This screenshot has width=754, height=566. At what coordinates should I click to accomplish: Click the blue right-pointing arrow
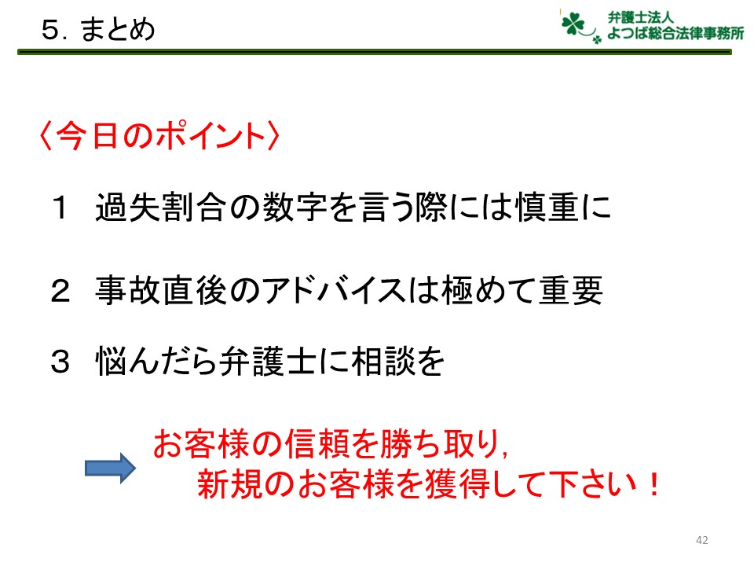pyautogui.click(x=110, y=468)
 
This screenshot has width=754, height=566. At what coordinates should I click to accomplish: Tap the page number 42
pyautogui.click(x=701, y=540)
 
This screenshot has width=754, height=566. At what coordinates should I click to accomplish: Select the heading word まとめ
pyautogui.click(x=117, y=29)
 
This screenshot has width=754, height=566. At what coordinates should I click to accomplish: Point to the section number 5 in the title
pyautogui.click(x=49, y=30)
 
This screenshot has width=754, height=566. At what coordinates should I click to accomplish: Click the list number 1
pyautogui.click(x=60, y=208)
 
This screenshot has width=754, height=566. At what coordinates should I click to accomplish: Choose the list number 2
pyautogui.click(x=60, y=291)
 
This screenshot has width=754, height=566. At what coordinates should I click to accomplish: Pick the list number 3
pyautogui.click(x=60, y=361)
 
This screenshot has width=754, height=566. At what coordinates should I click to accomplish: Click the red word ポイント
pyautogui.click(x=210, y=135)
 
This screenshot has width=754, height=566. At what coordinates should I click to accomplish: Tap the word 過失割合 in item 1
pyautogui.click(x=160, y=208)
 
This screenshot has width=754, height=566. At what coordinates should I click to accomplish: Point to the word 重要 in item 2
pyautogui.click(x=571, y=290)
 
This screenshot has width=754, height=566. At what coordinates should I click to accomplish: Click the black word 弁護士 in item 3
pyautogui.click(x=267, y=361)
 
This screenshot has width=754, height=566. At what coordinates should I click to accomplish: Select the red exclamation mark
pyautogui.click(x=653, y=484)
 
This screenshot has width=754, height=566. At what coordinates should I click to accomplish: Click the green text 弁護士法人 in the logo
pyautogui.click(x=640, y=17)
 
